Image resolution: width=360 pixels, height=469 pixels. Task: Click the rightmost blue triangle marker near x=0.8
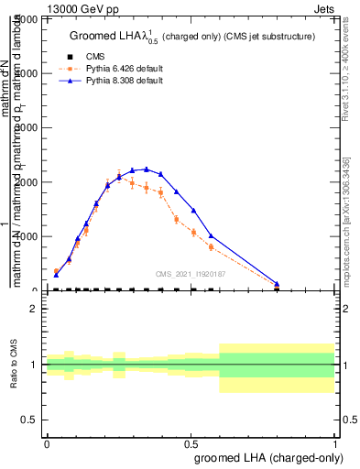[277, 284]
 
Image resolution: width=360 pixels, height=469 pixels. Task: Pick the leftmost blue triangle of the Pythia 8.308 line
[57, 274]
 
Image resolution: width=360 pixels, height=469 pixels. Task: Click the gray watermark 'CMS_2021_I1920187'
[191, 273]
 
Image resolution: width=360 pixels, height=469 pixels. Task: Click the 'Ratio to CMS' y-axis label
[15, 365]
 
